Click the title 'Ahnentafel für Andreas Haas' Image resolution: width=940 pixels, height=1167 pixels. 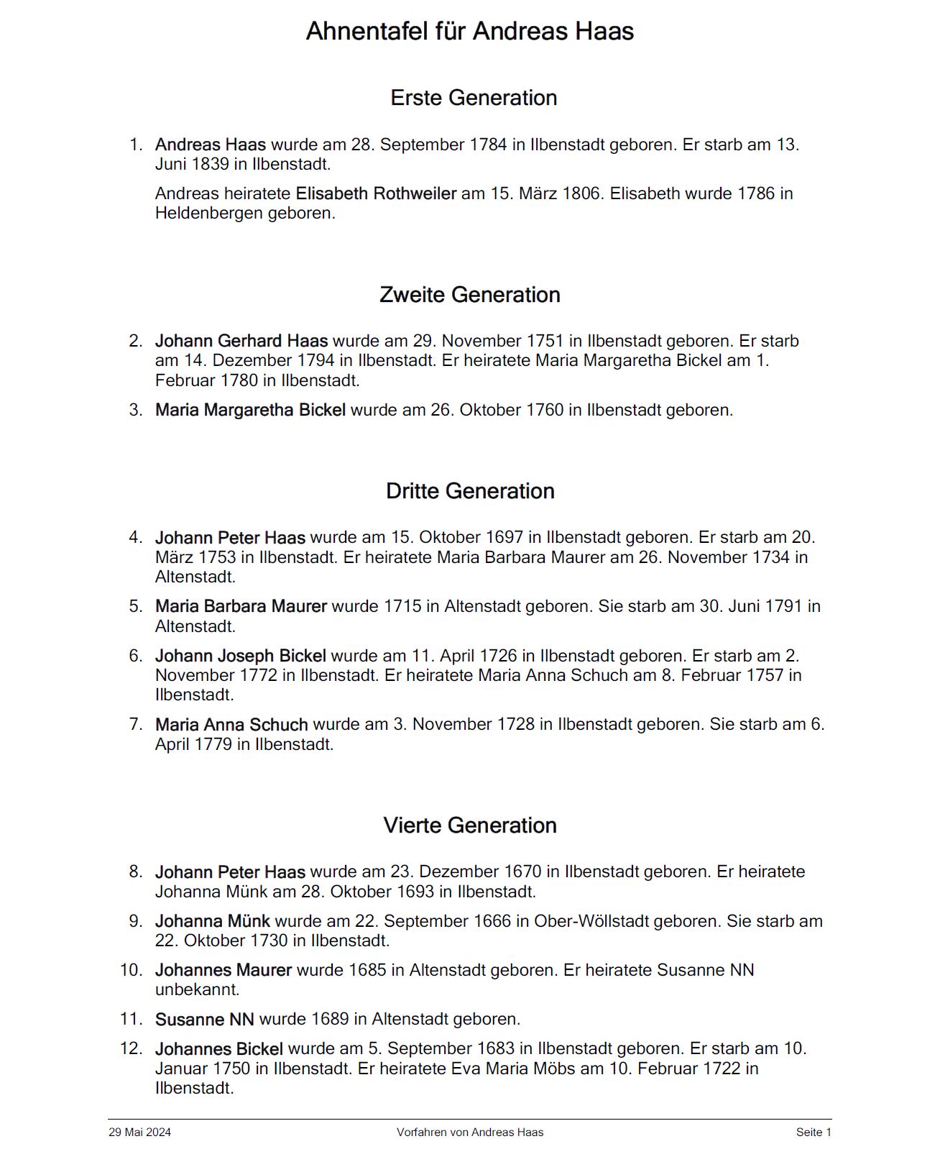click(469, 32)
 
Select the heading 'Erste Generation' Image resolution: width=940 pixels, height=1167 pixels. click(474, 98)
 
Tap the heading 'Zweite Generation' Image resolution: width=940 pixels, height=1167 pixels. click(469, 295)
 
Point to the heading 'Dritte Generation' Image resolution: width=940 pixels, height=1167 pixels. click(470, 491)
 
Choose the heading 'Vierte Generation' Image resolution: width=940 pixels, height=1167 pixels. click(470, 825)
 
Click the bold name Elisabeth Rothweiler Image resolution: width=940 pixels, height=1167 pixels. click(376, 193)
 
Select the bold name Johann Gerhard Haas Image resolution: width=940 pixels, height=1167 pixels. click(241, 341)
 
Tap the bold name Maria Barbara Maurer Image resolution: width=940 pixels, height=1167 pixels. click(241, 606)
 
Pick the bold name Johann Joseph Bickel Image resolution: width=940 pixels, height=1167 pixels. click(240, 656)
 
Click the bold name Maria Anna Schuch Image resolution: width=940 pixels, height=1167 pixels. click(231, 725)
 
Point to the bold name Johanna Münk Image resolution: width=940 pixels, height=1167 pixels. click(212, 921)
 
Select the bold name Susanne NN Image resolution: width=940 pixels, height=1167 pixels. click(204, 1020)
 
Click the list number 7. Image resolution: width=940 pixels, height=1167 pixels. click(136, 724)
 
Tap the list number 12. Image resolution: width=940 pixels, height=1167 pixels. click(132, 1048)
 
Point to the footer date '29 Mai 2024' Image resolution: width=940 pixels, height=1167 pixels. click(139, 1132)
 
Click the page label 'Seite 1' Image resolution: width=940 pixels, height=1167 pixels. click(814, 1132)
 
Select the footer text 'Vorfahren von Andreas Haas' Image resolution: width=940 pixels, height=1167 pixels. click(470, 1132)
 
